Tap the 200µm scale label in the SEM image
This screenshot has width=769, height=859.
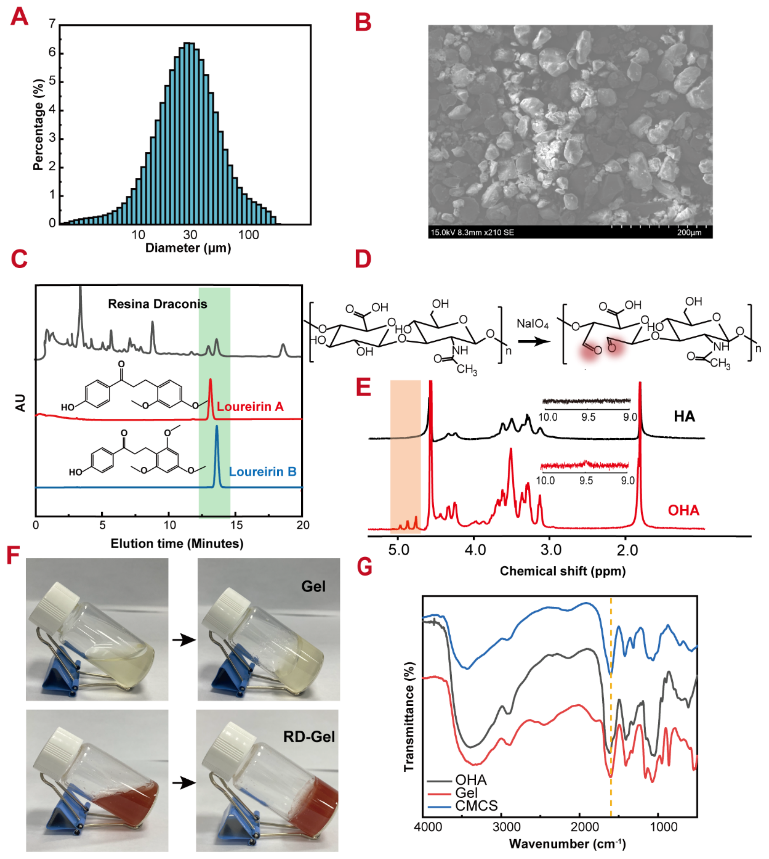coord(689,232)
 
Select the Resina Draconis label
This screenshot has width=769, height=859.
coord(158,304)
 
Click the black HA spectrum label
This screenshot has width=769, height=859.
coord(684,417)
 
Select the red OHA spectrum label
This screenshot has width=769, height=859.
coord(683,510)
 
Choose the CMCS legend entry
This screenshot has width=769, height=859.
coord(476,806)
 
